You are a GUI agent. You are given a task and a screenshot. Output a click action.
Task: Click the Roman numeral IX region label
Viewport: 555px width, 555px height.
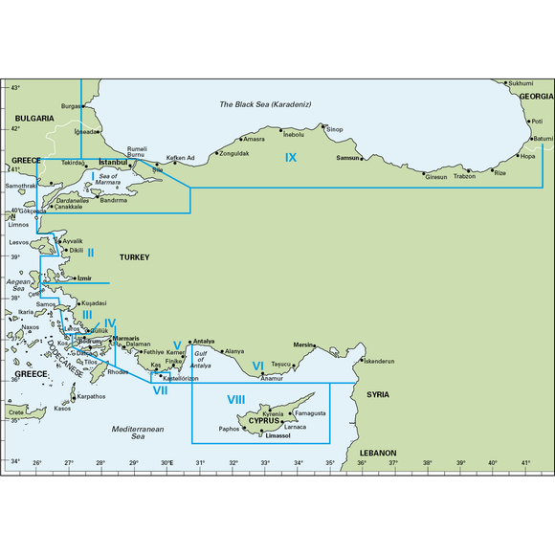(x=291, y=157)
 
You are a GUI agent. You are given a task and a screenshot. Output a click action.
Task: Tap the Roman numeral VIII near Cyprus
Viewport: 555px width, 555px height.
(x=236, y=399)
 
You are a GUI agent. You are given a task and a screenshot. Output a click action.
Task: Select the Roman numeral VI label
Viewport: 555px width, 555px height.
(x=257, y=366)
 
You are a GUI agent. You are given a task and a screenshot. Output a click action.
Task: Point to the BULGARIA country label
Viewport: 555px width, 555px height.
(x=33, y=118)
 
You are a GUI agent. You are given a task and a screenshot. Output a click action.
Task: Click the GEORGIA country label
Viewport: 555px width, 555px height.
(x=536, y=97)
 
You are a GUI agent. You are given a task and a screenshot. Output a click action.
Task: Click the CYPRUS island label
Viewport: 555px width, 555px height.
(x=264, y=421)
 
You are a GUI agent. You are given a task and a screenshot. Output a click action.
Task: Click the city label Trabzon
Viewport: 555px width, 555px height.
(x=464, y=176)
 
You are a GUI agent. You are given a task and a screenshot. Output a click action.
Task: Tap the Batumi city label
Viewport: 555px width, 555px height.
(x=543, y=138)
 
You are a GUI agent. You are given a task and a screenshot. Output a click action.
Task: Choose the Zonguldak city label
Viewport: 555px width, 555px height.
(x=234, y=153)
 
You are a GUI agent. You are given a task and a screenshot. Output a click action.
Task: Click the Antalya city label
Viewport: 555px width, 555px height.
(x=204, y=342)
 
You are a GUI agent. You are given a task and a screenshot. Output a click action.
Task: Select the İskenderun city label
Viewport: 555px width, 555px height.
(x=380, y=362)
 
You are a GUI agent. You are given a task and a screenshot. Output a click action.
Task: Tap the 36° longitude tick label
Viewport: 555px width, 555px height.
(x=362, y=464)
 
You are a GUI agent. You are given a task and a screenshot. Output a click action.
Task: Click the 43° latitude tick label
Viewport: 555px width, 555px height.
(x=15, y=87)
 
